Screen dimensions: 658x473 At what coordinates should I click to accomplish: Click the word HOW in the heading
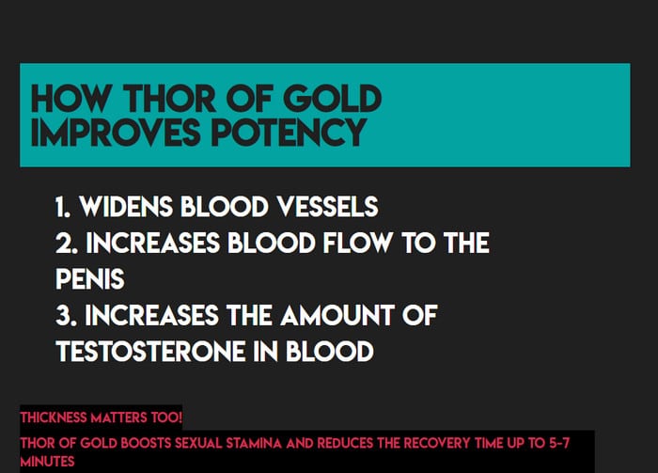tap(70, 99)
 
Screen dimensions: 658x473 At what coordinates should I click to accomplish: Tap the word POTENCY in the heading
tap(289, 132)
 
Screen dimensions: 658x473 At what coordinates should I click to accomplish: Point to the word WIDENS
tap(126, 207)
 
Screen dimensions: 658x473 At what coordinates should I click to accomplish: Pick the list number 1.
tap(63, 207)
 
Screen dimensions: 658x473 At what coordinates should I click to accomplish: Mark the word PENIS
tap(90, 279)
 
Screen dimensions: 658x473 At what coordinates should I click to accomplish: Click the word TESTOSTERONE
tap(150, 352)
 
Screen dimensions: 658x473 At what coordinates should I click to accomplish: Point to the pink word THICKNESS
tap(54, 418)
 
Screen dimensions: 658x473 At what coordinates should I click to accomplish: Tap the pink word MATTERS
tap(118, 418)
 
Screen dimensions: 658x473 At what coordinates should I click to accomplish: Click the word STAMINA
tap(254, 443)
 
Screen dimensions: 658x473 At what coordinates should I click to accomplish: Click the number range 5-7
tap(559, 443)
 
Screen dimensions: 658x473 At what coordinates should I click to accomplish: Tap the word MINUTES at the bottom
tap(47, 462)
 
